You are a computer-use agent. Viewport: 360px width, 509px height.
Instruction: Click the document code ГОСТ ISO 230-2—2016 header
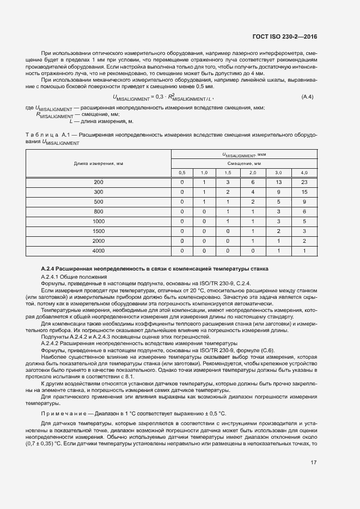[285, 37]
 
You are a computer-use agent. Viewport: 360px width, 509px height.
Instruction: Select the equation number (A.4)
[308, 97]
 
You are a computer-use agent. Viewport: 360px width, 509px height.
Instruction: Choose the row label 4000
[99, 251]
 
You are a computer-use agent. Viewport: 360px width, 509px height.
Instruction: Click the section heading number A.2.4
[50, 269]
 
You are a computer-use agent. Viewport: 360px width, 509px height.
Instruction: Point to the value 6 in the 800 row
[304, 212]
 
